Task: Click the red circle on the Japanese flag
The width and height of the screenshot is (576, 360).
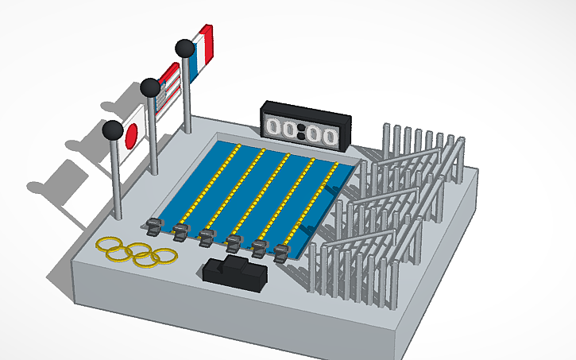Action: point(132,135)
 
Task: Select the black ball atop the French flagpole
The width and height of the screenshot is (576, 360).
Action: point(184,48)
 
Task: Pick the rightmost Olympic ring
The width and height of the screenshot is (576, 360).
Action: point(166,256)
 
